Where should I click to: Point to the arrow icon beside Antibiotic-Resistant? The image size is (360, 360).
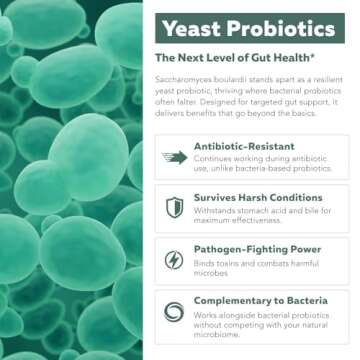tap(174, 157)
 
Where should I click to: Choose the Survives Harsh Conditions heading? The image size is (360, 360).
tap(251, 198)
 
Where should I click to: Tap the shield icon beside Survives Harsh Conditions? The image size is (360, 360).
tap(174, 208)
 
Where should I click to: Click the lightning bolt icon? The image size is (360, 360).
tap(174, 260)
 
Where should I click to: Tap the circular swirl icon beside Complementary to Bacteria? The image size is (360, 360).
tap(174, 311)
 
